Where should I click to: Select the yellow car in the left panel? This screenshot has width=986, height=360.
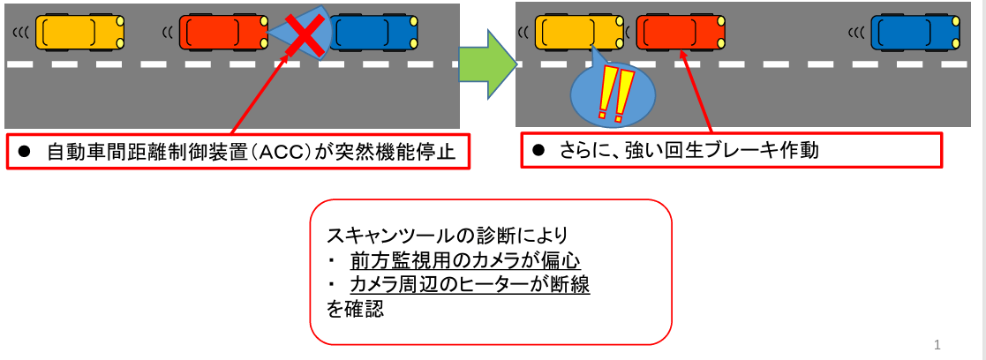point(79,33)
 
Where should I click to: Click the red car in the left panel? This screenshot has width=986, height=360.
point(223,33)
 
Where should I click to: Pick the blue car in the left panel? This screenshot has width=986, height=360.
point(373,33)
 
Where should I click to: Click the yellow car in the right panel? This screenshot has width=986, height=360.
point(579,33)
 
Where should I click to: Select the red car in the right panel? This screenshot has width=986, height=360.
point(681,33)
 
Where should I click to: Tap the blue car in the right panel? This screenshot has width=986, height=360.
point(914,33)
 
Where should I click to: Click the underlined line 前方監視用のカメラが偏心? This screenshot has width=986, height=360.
point(465,260)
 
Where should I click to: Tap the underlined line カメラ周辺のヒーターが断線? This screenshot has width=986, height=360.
point(470,285)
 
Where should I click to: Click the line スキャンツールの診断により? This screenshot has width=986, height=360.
point(447,236)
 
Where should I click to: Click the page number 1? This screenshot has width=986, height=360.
point(937,344)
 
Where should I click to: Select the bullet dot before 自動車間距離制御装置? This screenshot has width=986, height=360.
point(26,153)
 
